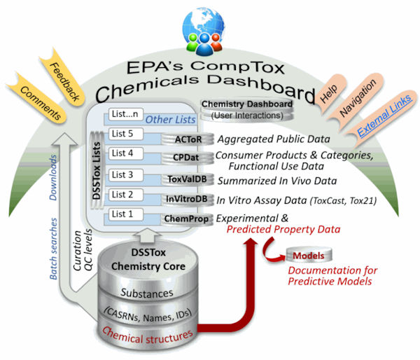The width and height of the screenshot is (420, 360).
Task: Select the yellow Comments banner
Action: (38, 102)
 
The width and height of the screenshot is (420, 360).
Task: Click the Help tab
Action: (330, 93)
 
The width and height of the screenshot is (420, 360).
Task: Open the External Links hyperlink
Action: (384, 116)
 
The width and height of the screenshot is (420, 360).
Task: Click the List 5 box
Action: (125, 134)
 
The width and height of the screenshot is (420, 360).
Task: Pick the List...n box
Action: (125, 114)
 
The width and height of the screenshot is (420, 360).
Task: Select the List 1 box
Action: (125, 214)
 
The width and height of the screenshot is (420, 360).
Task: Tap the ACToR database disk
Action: (188, 139)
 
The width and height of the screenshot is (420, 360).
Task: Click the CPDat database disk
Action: (187, 158)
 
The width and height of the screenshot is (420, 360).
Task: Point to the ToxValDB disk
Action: (187, 179)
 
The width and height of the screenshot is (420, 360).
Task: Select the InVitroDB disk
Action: (187, 199)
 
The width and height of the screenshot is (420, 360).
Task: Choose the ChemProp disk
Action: (187, 219)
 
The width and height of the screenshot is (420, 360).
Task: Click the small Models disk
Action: (309, 255)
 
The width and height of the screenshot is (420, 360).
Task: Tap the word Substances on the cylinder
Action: (147, 293)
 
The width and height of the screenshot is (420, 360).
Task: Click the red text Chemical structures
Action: (147, 335)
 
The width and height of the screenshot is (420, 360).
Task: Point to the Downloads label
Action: (53, 177)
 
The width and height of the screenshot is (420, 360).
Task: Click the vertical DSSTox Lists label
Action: (96, 171)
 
